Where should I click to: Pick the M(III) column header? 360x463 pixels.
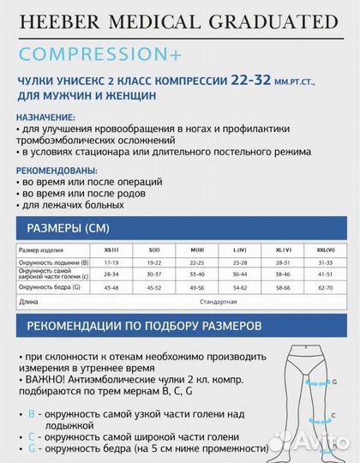pos(197,249)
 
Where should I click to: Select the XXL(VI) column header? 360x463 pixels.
pos(324,249)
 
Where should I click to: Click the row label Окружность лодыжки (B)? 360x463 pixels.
pos(53,262)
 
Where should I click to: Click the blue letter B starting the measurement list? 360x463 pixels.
pos(32,413)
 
